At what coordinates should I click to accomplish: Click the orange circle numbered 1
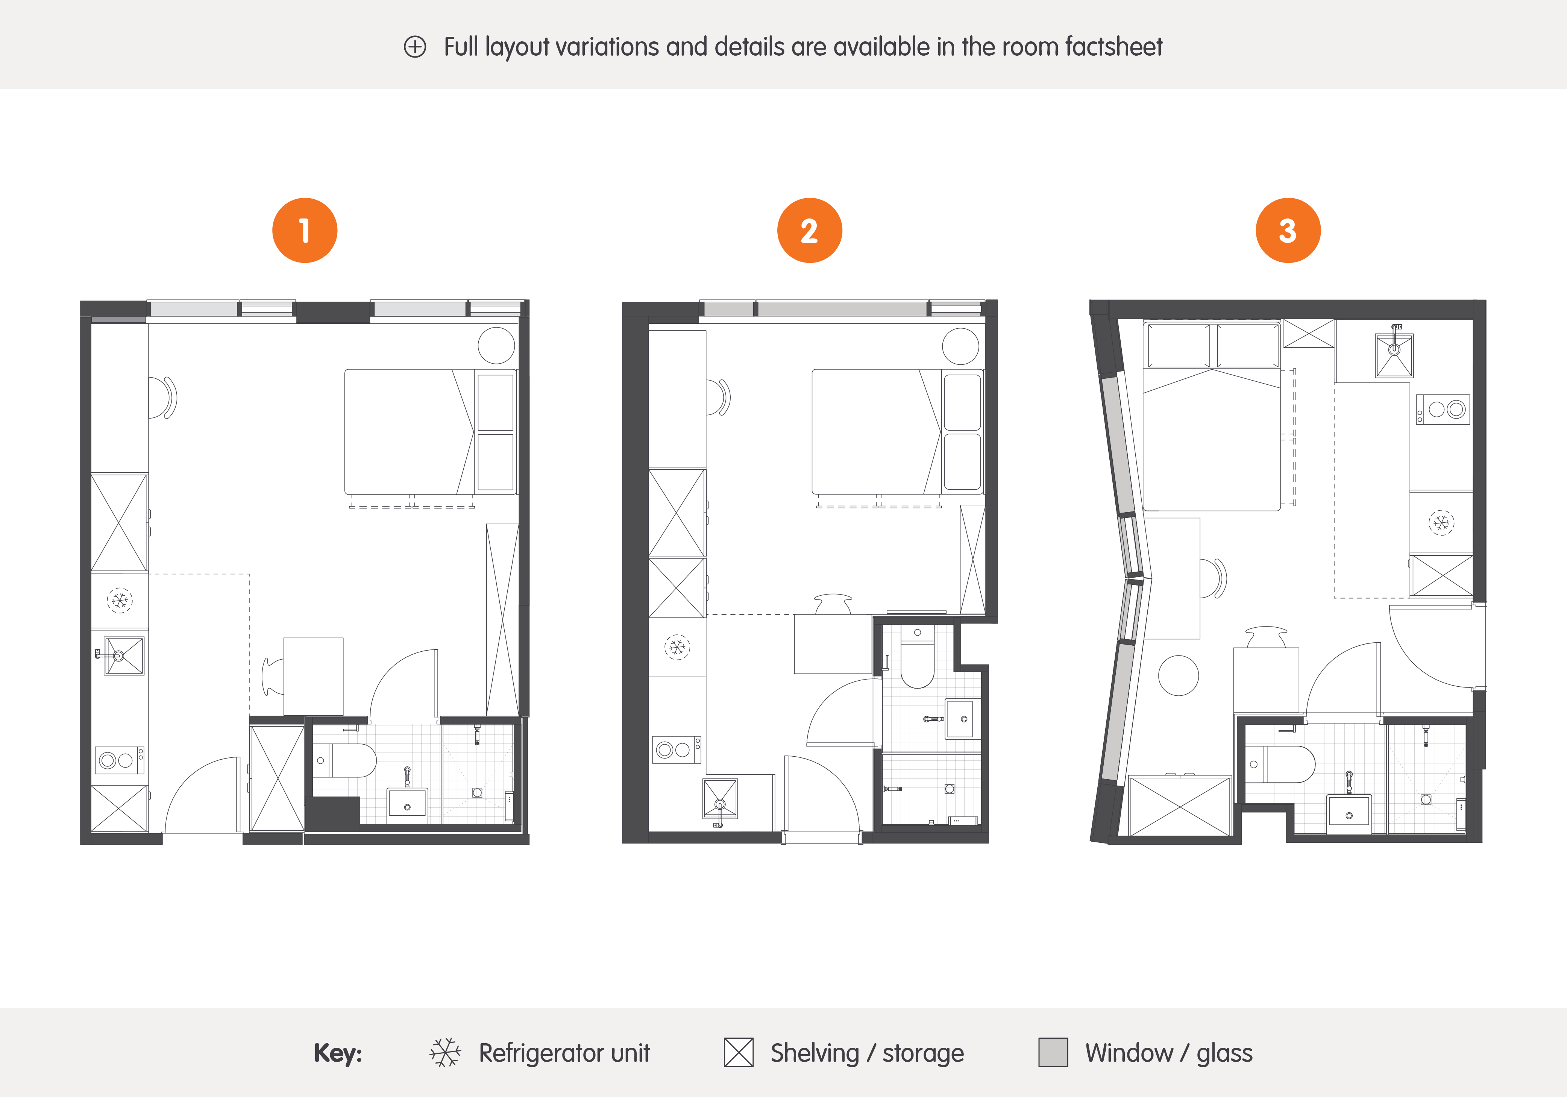[304, 231]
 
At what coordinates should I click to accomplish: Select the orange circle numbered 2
[809, 231]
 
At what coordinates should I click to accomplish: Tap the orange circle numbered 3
[1288, 231]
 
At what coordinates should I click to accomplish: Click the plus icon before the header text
[415, 47]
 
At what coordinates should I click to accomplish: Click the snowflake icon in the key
[445, 1053]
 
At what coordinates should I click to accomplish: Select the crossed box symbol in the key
[739, 1053]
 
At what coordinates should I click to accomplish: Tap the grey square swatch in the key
[1053, 1053]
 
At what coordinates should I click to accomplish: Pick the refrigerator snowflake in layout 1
[120, 601]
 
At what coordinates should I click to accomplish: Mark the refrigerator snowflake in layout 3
[1441, 523]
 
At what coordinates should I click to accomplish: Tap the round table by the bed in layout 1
[496, 345]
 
